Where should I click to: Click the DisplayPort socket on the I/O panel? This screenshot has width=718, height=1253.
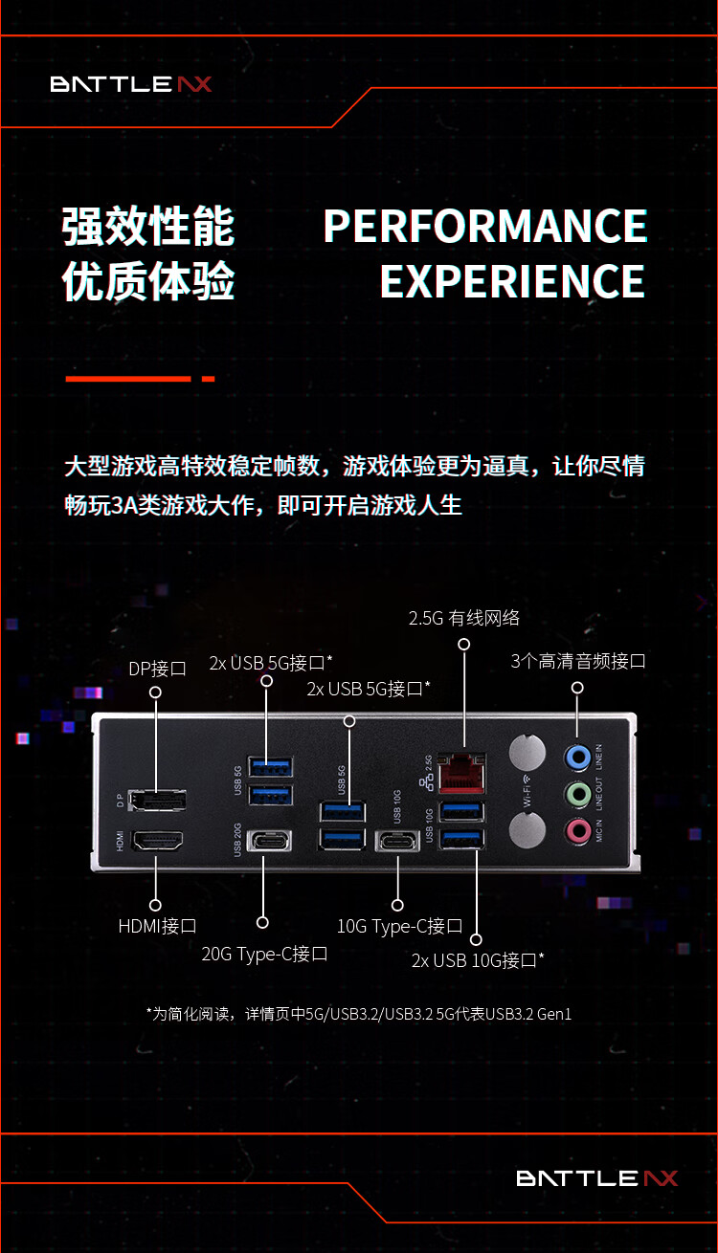tap(157, 800)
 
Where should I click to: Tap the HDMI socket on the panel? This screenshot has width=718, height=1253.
tap(157, 840)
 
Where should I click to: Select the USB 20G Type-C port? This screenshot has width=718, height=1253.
tap(269, 840)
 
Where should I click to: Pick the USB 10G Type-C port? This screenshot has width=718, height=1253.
tap(397, 841)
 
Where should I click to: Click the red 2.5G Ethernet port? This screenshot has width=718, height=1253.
tap(461, 774)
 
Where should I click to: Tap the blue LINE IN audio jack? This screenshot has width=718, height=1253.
tap(577, 758)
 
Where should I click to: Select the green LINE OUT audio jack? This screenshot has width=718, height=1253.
tap(578, 794)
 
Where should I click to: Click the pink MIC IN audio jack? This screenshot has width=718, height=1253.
tap(578, 830)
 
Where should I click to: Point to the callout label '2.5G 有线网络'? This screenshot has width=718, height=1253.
tap(463, 618)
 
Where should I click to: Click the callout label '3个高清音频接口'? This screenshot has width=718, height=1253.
tap(578, 661)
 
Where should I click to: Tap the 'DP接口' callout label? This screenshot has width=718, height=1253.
tap(157, 669)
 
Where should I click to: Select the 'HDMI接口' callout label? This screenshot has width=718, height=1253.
tap(157, 926)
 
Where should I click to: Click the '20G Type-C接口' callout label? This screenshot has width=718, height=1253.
tap(264, 955)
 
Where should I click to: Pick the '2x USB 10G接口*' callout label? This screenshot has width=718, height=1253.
tap(478, 960)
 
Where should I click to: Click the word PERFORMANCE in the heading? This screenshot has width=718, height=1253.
tap(485, 226)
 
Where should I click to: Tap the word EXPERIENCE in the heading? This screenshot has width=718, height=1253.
tap(512, 281)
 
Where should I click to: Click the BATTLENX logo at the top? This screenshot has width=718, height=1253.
tap(131, 84)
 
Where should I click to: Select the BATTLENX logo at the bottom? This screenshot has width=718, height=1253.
tap(597, 1178)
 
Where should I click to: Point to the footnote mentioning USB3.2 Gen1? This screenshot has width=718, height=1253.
tap(358, 1014)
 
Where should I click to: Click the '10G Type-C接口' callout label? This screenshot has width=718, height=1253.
tap(399, 926)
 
